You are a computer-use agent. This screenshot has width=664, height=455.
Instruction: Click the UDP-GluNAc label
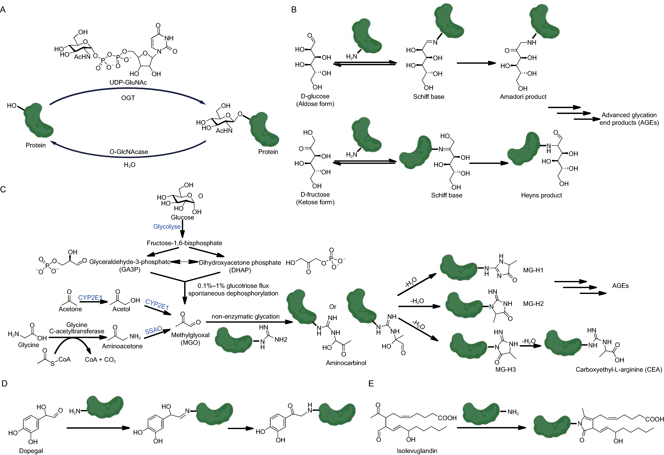128,82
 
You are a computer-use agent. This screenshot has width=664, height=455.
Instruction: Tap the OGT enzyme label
128,98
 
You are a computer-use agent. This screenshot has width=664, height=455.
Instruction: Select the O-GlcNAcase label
129,152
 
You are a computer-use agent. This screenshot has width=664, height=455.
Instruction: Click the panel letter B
294,10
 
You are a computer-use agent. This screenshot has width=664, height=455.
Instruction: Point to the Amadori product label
523,97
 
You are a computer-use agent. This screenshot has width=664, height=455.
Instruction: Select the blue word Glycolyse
167,226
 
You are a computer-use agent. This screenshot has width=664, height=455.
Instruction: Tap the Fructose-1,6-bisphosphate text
184,243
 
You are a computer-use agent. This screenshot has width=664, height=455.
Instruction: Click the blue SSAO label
153,330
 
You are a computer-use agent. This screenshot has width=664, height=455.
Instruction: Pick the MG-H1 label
533,270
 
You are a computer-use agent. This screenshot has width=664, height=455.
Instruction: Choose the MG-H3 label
506,369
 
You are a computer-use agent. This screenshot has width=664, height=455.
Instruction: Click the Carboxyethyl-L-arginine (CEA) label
619,369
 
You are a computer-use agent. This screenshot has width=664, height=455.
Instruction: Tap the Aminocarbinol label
346,363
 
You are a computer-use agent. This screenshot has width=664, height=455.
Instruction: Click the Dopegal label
31,450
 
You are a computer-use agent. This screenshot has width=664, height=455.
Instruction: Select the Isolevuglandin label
417,450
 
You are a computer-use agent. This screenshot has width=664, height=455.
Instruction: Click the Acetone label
70,309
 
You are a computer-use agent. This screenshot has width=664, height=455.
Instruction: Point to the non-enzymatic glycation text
246,316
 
